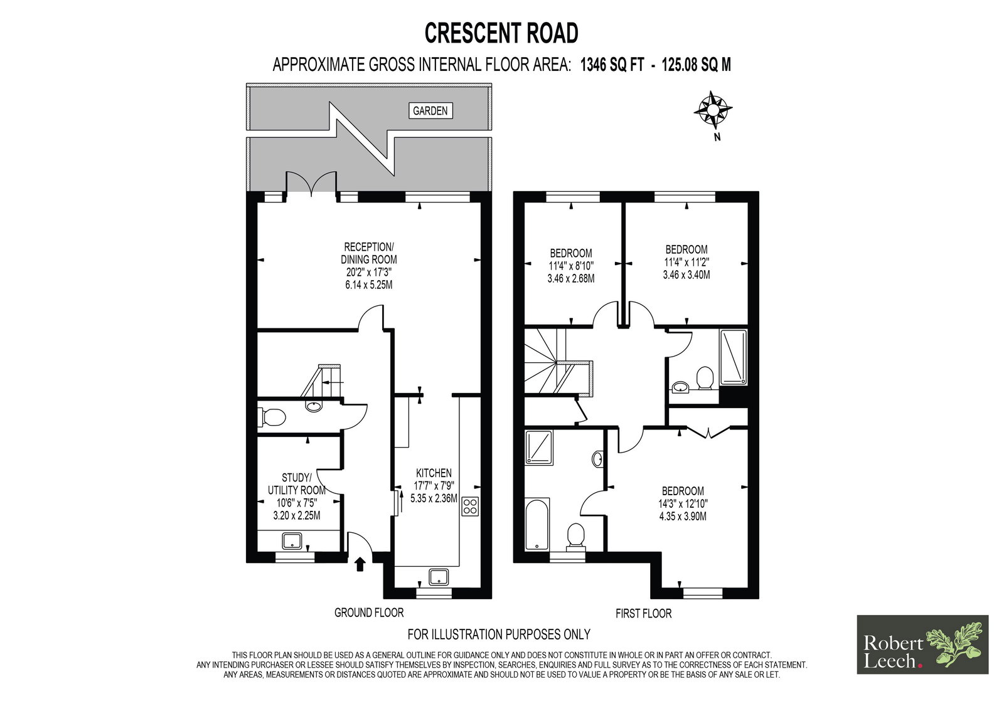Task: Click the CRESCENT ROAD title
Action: click(501, 33)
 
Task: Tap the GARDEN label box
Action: click(430, 110)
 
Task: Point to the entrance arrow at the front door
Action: click(360, 564)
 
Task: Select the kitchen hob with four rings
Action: click(470, 506)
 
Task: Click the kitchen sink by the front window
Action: click(439, 577)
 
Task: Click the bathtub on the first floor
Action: click(537, 524)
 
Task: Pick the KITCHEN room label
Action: click(434, 473)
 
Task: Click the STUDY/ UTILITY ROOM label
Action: click(296, 484)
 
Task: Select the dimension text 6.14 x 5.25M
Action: click(369, 285)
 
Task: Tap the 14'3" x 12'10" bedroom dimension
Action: click(683, 503)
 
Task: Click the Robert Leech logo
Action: click(922, 644)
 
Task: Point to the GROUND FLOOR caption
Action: click(369, 612)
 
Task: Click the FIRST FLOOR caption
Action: click(644, 613)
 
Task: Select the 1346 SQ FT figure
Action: click(612, 65)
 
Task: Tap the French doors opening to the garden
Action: click(311, 184)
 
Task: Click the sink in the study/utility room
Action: click(292, 541)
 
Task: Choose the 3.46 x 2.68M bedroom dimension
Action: click(571, 278)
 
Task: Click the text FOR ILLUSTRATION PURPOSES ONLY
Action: click(499, 634)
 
